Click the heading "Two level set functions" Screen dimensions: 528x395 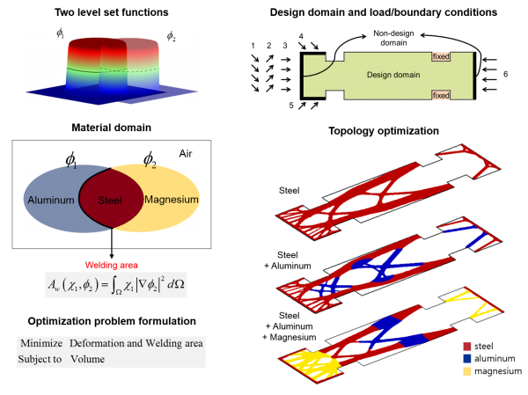pos(112,12)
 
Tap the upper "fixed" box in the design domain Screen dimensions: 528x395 pos(441,56)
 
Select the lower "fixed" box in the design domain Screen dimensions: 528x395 pos(441,95)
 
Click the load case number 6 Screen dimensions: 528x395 pos(505,74)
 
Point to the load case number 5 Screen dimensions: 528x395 pos(291,106)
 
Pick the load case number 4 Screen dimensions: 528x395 pos(301,36)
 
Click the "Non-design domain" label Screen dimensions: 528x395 pos(393,38)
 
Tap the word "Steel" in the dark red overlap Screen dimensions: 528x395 pos(110,201)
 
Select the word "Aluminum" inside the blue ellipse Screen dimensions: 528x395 pos(51,200)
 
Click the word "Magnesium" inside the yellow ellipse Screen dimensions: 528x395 pos(172,200)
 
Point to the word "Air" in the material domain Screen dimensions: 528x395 pos(186,154)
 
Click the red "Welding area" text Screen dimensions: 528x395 pos(112,266)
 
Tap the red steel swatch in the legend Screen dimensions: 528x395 pos(467,346)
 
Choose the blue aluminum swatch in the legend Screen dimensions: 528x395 pos(467,359)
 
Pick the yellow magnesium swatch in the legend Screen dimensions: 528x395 pos(467,371)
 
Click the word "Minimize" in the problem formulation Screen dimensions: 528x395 pos(41,343)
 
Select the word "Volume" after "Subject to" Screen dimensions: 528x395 pos(87,359)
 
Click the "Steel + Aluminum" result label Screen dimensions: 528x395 pos(288,260)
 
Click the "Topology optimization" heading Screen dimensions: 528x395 pos(384,131)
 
